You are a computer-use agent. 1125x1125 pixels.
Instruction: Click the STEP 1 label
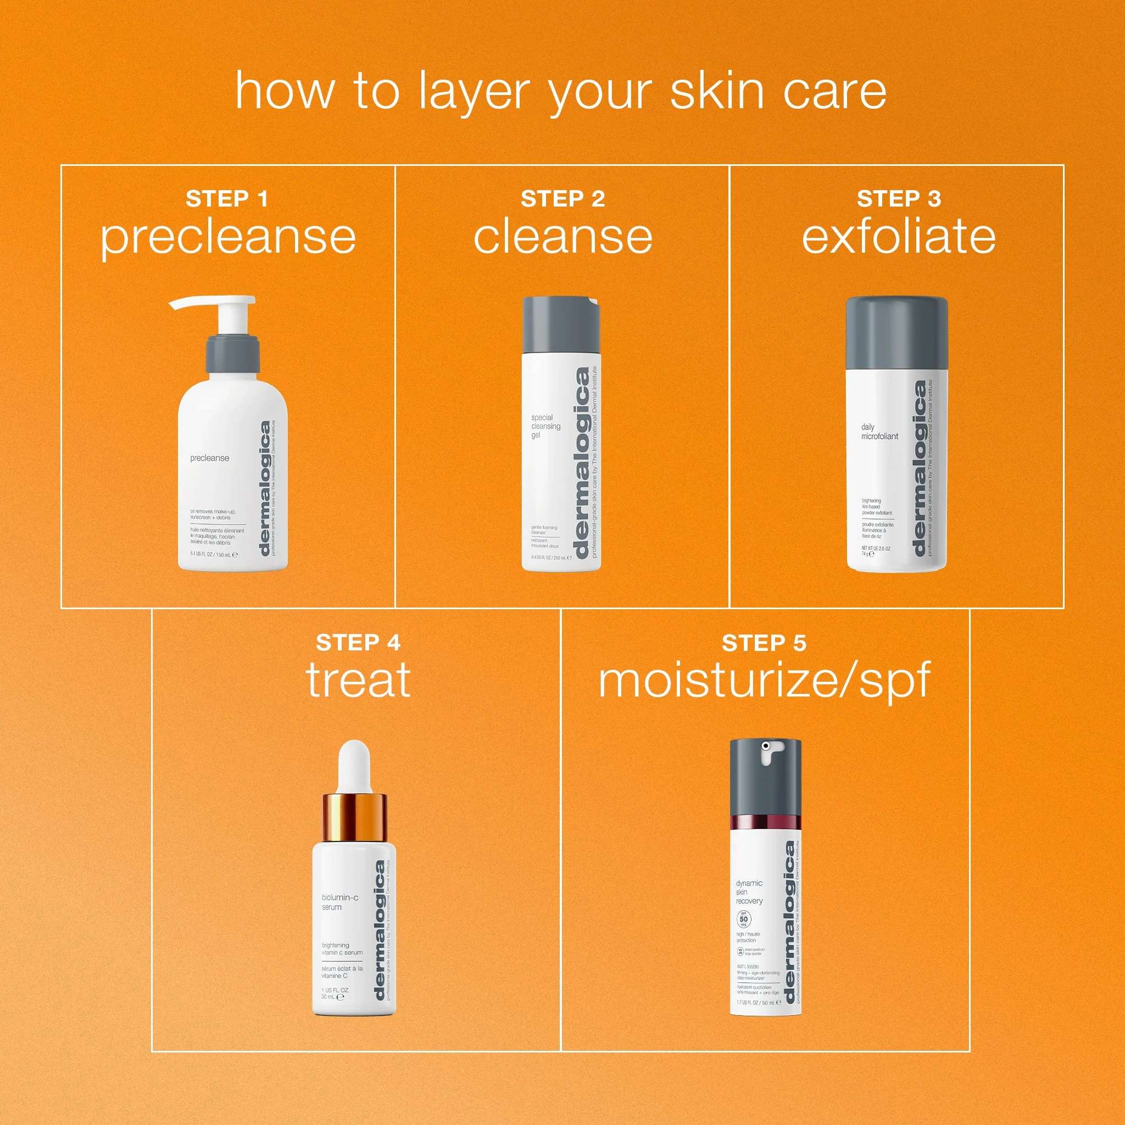pyautogui.click(x=226, y=199)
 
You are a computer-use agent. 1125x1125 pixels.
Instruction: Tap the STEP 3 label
pyautogui.click(x=899, y=199)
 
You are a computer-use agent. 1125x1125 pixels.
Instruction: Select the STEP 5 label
pyautogui.click(x=764, y=643)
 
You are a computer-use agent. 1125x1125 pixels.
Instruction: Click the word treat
pyautogui.click(x=358, y=680)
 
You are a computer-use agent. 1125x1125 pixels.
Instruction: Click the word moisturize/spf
pyautogui.click(x=764, y=680)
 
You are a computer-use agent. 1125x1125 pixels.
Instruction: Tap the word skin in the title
pyautogui.click(x=716, y=91)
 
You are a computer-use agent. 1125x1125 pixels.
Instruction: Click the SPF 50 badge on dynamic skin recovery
pyautogui.click(x=744, y=920)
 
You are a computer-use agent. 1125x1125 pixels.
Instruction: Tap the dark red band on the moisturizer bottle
pyautogui.click(x=765, y=823)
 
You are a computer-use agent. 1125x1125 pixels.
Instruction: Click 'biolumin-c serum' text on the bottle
pyautogui.click(x=339, y=902)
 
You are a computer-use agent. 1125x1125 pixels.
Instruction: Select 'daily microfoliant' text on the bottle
pyautogui.click(x=879, y=431)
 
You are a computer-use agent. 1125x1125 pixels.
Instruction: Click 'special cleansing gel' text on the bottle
pyautogui.click(x=545, y=426)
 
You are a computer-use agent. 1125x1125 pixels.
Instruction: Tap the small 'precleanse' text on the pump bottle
pyautogui.click(x=210, y=458)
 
